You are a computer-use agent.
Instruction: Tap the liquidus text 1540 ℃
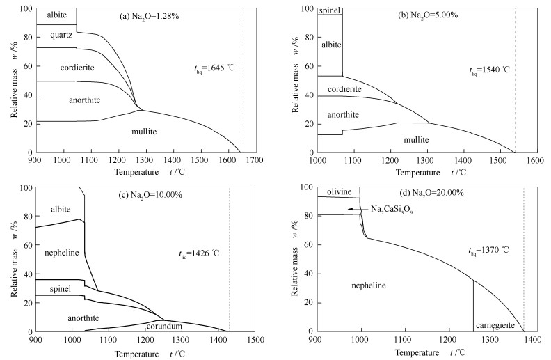(x=489, y=70)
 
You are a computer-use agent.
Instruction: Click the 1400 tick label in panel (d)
(x=533, y=339)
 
